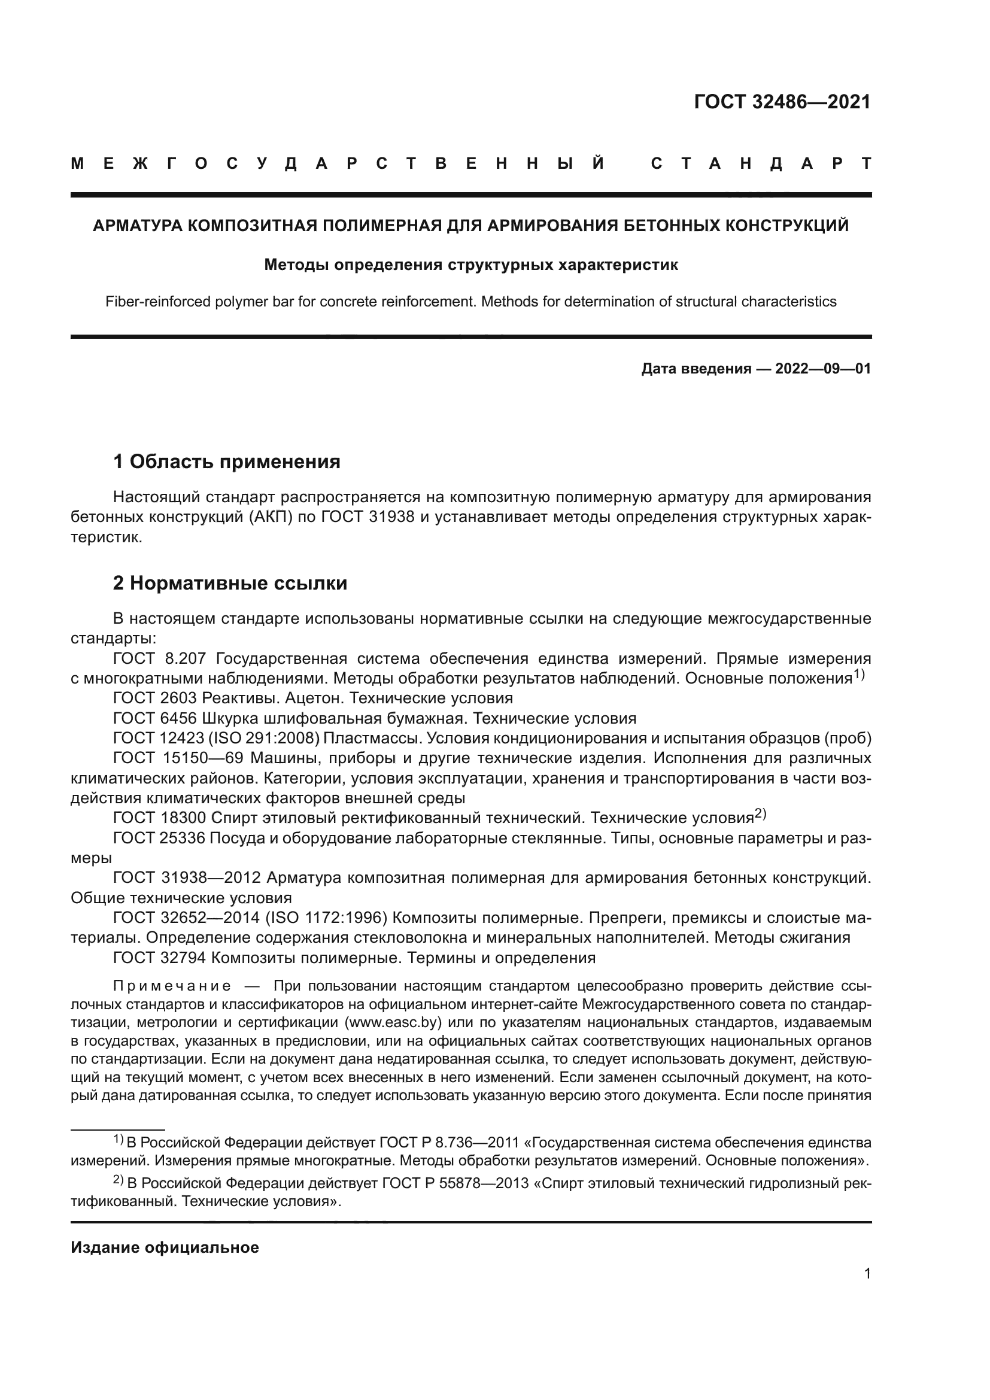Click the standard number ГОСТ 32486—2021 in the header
(782, 102)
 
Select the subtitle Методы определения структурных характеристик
(470, 265)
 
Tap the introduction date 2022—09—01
(823, 369)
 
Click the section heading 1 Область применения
(227, 461)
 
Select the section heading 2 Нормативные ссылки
(230, 583)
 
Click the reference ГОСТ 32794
(160, 957)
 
